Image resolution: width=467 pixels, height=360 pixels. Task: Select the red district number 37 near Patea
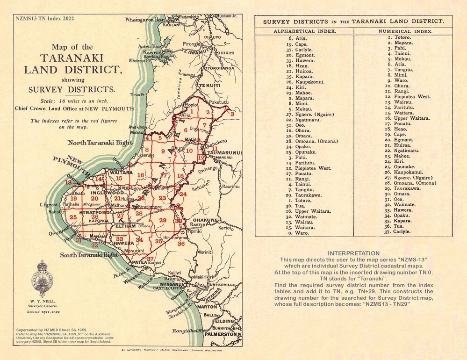click(150, 259)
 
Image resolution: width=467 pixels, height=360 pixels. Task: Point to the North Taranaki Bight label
click(99, 143)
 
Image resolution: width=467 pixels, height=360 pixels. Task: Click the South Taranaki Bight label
click(89, 255)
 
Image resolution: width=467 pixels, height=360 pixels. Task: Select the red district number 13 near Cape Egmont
click(68, 182)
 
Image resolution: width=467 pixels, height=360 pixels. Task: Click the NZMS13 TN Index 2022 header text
click(44, 19)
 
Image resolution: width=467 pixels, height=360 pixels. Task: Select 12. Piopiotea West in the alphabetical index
click(309, 168)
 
